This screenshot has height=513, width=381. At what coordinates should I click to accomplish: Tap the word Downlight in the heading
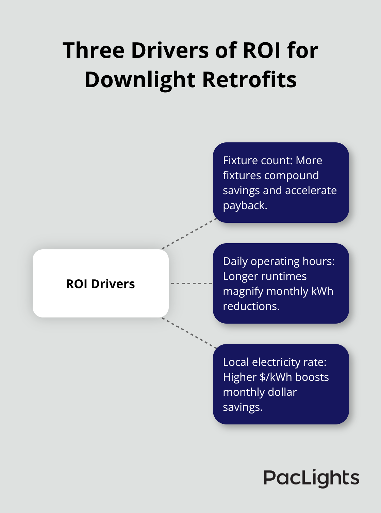(140, 80)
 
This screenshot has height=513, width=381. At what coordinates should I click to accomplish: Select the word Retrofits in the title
(249, 80)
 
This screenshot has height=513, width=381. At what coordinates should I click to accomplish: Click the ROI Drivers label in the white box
(100, 284)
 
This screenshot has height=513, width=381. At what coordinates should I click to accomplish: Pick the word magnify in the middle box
(243, 291)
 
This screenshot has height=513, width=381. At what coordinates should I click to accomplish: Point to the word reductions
(251, 306)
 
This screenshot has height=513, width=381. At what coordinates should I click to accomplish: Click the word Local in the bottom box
(236, 362)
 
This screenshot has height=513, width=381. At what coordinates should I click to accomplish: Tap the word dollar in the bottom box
(282, 392)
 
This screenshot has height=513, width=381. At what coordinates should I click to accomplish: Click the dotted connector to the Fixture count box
(189, 234)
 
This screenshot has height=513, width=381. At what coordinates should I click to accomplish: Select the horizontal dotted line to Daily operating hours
(191, 283)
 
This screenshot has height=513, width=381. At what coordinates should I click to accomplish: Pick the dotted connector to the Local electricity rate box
(189, 333)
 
